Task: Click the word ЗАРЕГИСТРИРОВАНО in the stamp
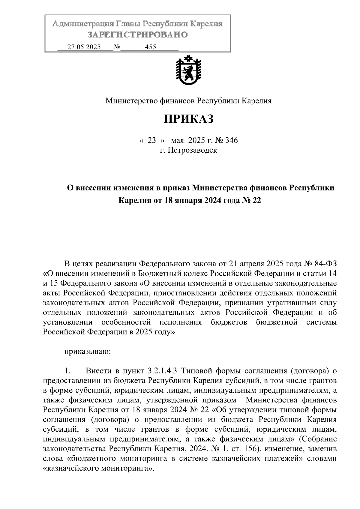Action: (x=138, y=35)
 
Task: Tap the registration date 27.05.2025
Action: (x=84, y=47)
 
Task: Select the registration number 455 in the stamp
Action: (x=150, y=47)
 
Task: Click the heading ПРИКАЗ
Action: (x=188, y=119)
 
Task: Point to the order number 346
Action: (x=231, y=140)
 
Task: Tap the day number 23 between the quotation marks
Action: (x=152, y=140)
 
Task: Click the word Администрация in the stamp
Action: (x=83, y=24)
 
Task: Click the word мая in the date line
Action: (x=177, y=140)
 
